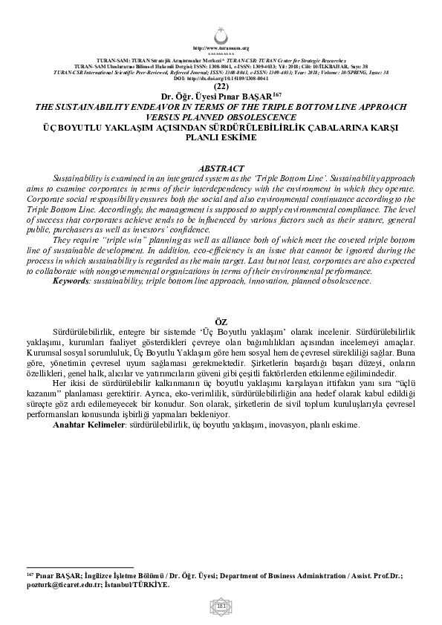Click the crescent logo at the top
click(x=221, y=34)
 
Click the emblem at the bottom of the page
click(x=221, y=607)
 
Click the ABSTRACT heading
click(x=221, y=169)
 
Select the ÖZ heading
click(x=221, y=320)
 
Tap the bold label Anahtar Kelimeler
click(x=89, y=425)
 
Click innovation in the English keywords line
click(x=279, y=281)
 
